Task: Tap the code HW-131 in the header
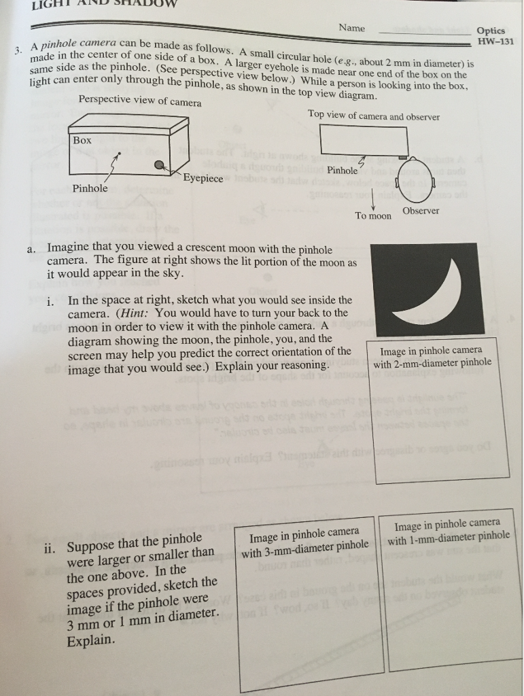pos(495,41)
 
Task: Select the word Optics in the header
pos(490,31)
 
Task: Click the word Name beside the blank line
pos(351,28)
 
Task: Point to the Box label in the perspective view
pos(82,140)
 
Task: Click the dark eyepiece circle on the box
pos(158,164)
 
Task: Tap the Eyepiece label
pos(203,178)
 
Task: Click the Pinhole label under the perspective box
pos(90,188)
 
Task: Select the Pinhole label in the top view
pos(342,170)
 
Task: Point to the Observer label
pos(420,211)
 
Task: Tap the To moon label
pos(373,215)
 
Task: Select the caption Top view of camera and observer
pos(374,116)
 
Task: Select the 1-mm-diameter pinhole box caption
pos(448,529)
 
